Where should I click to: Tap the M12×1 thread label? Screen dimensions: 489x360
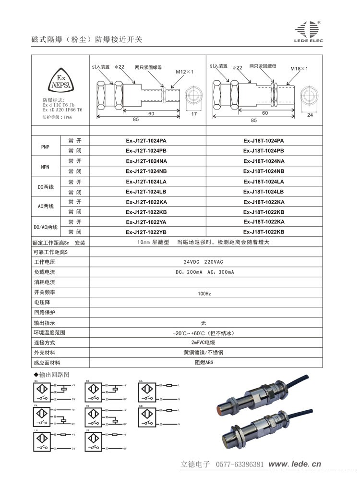(x=184, y=72)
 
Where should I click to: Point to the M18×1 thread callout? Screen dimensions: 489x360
(x=300, y=69)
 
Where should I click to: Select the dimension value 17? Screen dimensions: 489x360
(x=194, y=114)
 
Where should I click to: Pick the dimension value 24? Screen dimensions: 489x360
(x=310, y=115)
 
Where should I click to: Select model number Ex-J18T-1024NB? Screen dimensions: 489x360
(x=264, y=171)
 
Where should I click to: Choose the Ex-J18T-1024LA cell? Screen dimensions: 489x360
(x=264, y=181)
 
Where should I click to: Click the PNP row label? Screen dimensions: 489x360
(x=46, y=146)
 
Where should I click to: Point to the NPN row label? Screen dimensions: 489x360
(x=46, y=166)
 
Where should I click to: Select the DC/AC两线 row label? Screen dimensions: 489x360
(x=46, y=227)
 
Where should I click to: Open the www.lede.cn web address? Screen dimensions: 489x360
(x=294, y=465)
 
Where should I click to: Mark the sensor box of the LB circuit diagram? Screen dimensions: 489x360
(x=94, y=441)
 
